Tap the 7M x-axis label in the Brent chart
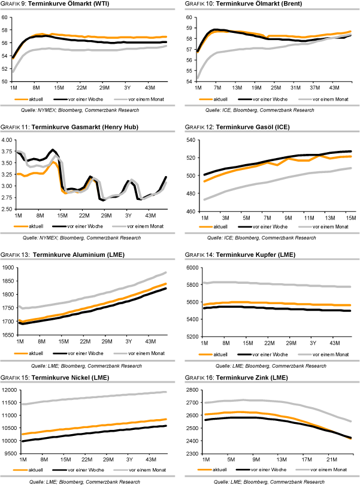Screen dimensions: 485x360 (x=217, y=87)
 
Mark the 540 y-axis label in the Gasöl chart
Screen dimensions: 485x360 (x=192, y=140)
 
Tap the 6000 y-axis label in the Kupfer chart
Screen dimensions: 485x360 (x=193, y=268)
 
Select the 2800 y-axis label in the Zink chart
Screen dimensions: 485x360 (x=193, y=390)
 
